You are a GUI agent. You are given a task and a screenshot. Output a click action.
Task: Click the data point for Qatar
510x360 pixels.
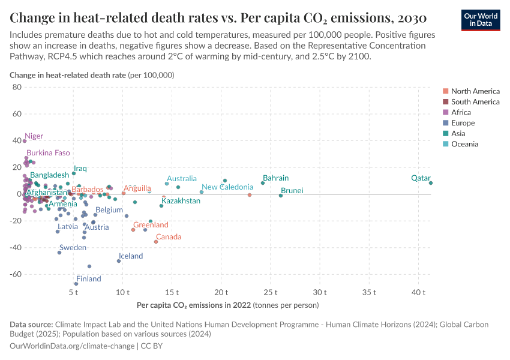[x=431, y=183]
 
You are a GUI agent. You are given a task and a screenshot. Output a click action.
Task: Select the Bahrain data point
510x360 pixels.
[x=263, y=183]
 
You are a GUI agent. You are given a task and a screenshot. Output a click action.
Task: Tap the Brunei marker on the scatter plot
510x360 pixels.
[x=281, y=196]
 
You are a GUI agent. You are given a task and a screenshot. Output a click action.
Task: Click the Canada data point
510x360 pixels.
[x=156, y=241]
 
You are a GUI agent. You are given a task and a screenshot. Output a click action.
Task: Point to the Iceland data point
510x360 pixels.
[x=119, y=261]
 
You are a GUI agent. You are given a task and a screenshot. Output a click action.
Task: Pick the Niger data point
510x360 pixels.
[x=25, y=141]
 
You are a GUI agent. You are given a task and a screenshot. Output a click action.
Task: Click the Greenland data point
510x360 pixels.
[x=133, y=230]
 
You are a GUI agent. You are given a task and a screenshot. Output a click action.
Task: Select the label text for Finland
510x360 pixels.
[x=88, y=279]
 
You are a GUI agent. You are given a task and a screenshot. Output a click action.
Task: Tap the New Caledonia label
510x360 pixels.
[x=227, y=187]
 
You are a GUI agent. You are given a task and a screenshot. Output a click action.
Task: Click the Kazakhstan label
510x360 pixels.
[x=181, y=201]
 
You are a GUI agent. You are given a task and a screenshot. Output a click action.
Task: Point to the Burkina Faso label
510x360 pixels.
[x=48, y=153]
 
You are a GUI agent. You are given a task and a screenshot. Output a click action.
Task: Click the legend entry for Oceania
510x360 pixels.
[x=464, y=144]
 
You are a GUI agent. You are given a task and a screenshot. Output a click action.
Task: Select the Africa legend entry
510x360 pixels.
[x=461, y=112]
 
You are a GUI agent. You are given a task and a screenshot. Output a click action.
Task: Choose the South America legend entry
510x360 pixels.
[x=475, y=102]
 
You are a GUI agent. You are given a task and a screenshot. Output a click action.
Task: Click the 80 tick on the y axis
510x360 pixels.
[x=17, y=87]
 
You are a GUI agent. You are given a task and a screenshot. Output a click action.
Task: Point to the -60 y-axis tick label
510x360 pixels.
[x=15, y=274]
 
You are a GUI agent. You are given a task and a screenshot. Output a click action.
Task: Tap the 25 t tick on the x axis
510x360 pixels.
[x=271, y=292]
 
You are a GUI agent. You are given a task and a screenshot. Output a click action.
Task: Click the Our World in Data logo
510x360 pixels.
[x=480, y=19]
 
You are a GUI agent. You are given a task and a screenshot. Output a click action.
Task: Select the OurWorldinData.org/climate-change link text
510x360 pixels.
[x=71, y=346]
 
